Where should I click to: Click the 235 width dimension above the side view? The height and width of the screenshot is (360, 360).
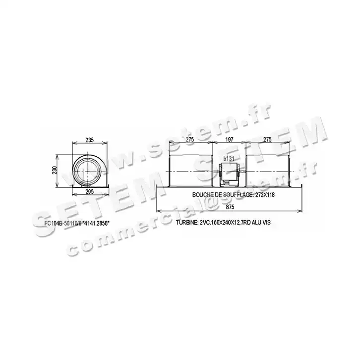click(89, 140)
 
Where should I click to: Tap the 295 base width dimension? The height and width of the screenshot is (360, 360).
click(89, 191)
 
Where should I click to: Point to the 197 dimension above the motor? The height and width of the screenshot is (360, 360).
click(229, 140)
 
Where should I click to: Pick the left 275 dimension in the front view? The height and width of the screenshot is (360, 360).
click(190, 140)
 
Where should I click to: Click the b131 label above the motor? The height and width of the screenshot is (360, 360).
click(229, 158)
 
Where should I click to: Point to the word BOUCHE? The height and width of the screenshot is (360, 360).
click(203, 194)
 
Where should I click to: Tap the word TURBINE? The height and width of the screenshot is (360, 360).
click(185, 222)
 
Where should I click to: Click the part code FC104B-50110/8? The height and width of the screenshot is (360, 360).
click(61, 223)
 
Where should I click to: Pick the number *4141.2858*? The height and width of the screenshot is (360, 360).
click(95, 223)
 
